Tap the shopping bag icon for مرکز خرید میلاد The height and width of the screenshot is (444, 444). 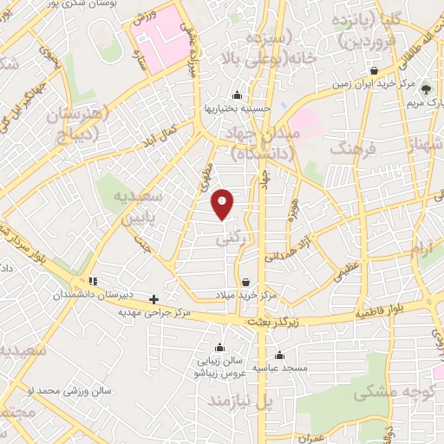point(246,282)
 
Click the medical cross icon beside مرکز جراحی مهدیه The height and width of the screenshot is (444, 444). point(154,299)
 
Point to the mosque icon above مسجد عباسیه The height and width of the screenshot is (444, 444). point(279,355)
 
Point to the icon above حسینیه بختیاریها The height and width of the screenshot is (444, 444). point(237,95)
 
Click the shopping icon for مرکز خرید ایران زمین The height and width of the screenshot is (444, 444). point(373,72)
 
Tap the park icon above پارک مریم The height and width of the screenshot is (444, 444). point(425,88)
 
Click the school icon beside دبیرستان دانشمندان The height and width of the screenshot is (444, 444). point(94,281)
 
